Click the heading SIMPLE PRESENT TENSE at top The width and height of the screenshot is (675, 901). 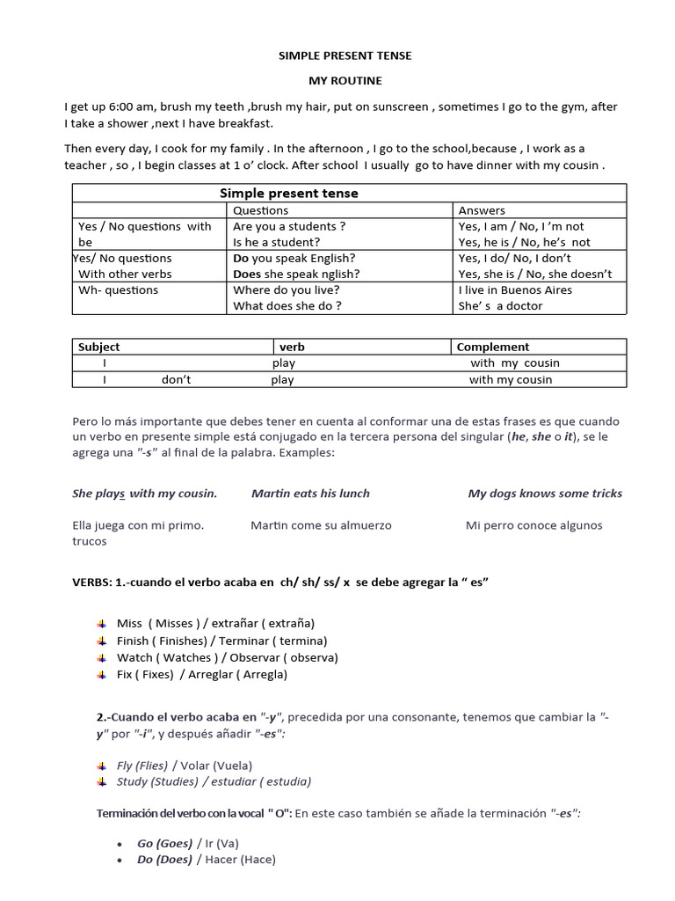tap(345, 55)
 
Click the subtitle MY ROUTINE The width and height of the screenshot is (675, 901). tap(345, 81)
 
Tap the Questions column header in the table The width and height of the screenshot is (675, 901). tap(260, 210)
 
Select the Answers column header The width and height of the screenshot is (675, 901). tap(482, 210)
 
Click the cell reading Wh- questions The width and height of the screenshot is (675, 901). tap(119, 289)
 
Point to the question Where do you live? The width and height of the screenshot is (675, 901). tap(286, 289)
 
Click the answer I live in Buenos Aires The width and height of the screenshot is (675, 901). tap(515, 289)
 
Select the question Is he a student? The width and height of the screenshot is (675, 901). tap(276, 242)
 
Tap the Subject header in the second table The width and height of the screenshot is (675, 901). tap(98, 347)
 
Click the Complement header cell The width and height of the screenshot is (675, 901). tap(493, 347)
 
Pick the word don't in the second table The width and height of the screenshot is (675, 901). tap(176, 380)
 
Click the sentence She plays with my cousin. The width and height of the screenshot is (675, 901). tap(144, 494)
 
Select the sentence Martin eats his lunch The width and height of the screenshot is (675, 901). tap(310, 494)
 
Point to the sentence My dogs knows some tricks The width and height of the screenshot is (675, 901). tap(545, 494)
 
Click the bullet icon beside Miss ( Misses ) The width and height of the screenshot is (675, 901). tap(101, 623)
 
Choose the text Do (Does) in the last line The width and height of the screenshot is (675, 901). tap(164, 859)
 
